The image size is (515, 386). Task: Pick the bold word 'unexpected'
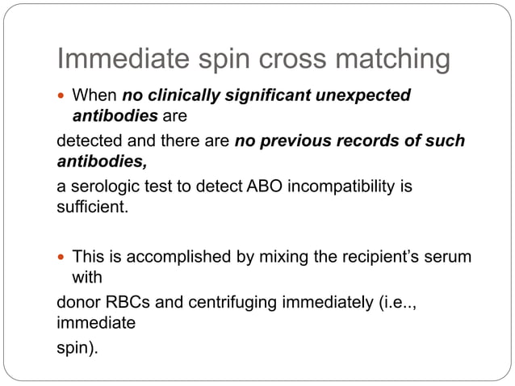point(363,96)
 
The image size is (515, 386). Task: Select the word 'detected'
point(89,141)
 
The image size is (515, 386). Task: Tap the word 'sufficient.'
point(91,206)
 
